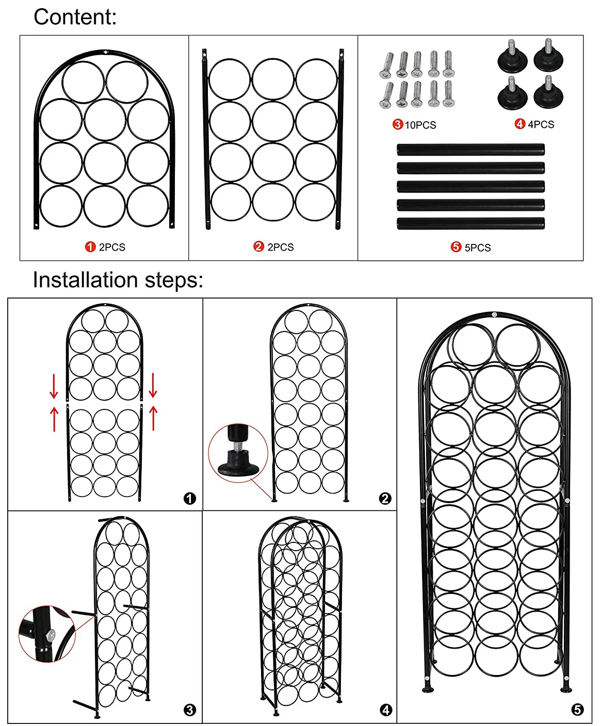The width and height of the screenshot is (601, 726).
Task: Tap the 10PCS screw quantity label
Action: click(420, 125)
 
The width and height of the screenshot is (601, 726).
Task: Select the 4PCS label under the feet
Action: click(541, 124)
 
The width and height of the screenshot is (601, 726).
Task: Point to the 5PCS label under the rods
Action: click(477, 247)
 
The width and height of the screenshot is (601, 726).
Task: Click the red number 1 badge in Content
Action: click(90, 247)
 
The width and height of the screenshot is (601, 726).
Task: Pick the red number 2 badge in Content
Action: click(259, 247)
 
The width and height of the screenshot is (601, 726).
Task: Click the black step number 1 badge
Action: click(190, 499)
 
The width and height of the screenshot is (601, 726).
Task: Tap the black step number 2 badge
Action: click(385, 499)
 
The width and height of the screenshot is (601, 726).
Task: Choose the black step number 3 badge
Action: click(190, 710)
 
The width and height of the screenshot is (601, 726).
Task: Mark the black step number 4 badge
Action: click(386, 710)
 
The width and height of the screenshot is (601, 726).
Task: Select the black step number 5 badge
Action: click(578, 710)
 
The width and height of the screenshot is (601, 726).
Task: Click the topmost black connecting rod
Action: click(470, 150)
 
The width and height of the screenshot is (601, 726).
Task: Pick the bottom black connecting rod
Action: click(470, 224)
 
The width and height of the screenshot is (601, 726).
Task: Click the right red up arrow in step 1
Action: click(153, 418)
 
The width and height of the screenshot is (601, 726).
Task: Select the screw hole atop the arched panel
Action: click(105, 52)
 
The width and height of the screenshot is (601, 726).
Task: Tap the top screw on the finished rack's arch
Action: click(494, 315)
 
